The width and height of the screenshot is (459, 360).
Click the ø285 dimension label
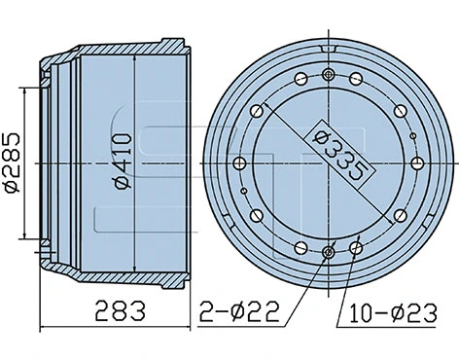point(13,162)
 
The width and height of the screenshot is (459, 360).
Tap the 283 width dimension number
point(120,312)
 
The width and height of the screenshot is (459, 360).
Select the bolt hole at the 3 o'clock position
point(415,162)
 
